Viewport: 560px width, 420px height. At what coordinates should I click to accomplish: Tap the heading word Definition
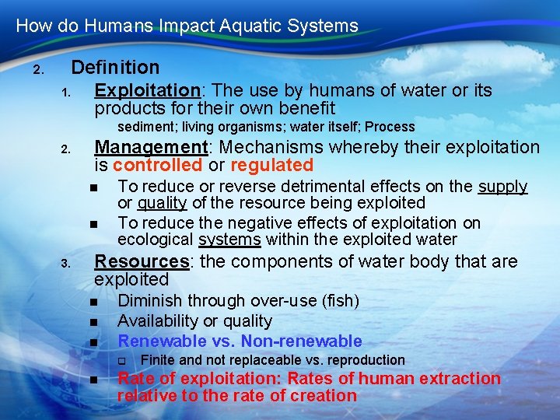point(115,68)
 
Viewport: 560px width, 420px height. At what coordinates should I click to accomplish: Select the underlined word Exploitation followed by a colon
point(147,91)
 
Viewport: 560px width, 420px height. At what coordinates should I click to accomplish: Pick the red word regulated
point(271,166)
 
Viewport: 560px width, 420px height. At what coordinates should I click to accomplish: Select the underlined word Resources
point(142,261)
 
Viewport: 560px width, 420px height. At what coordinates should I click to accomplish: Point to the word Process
point(390,127)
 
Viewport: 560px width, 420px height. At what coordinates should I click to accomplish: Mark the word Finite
point(158,360)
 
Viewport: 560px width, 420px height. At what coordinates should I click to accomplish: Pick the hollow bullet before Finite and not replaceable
point(121,361)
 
